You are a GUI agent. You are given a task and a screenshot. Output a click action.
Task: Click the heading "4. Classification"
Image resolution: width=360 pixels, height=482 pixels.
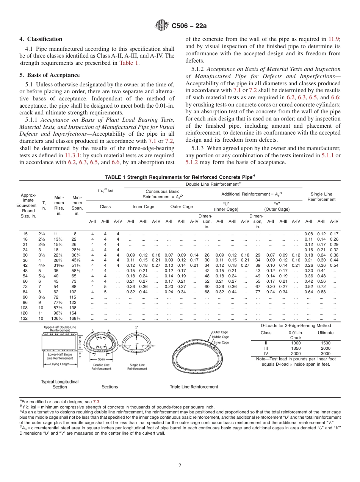[x=41, y=39]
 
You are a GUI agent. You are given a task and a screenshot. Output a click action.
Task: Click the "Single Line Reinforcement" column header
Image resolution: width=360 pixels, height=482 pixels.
[x=321, y=197]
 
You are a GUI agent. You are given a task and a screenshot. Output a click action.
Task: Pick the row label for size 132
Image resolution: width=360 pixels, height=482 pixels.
[x=25, y=318]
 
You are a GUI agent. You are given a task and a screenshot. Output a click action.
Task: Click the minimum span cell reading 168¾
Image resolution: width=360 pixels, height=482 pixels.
[x=77, y=318]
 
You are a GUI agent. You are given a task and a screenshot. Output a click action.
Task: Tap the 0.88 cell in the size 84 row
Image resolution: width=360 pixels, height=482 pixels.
[x=321, y=292]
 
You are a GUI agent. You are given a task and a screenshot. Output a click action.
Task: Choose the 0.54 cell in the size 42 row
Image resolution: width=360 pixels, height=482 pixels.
[x=334, y=265]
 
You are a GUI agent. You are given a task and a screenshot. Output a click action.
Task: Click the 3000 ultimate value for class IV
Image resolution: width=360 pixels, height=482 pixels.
[x=326, y=353]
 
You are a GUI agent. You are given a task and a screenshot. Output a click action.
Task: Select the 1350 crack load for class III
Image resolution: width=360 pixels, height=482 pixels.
[x=296, y=348]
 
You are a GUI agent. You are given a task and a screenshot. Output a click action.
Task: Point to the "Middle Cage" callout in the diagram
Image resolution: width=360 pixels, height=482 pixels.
[x=220, y=337]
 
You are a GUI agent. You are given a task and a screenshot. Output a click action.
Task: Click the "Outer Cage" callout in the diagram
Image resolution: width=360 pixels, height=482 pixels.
[x=220, y=332]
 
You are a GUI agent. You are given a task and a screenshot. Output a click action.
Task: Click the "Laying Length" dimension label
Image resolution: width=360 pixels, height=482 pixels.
[x=60, y=364]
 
